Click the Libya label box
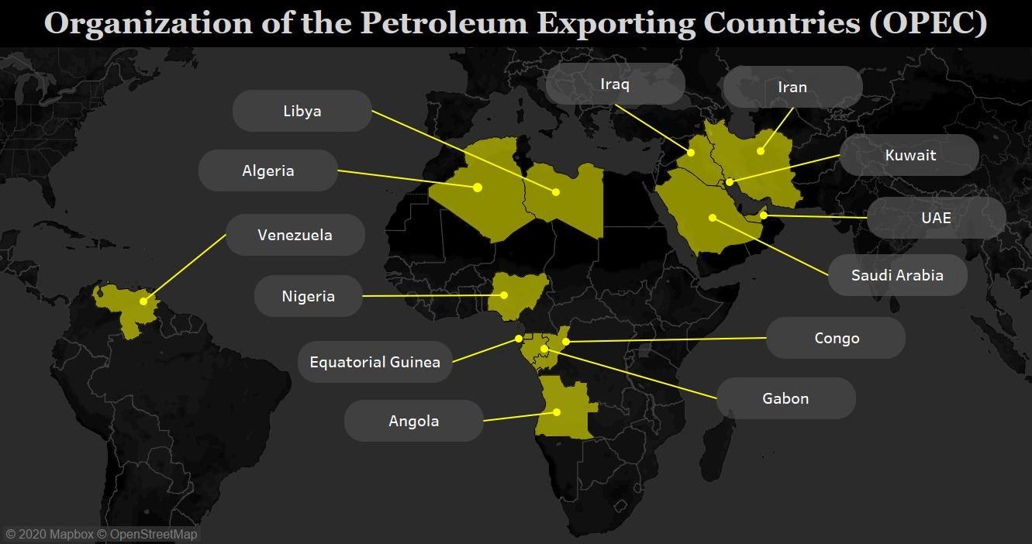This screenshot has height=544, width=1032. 302,111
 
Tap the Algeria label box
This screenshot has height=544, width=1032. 267,170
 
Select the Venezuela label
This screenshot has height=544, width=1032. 295,235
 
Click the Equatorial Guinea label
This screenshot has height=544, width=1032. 374,362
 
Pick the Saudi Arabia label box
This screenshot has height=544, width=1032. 897,275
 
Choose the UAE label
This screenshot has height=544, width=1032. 936,218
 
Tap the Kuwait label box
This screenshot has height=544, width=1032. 909,155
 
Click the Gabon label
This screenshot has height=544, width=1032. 785,398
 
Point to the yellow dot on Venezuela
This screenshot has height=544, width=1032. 143,301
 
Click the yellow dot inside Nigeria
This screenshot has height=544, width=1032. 504,295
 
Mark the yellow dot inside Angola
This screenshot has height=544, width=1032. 557,412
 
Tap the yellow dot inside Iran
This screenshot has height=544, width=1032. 761,151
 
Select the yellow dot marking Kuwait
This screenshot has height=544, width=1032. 730,182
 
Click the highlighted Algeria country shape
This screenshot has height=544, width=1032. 473,194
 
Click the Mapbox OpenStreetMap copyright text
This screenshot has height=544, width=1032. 102,535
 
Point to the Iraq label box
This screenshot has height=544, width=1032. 615,84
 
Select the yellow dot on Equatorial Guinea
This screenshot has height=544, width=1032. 519,339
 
